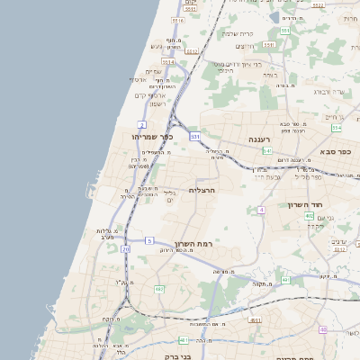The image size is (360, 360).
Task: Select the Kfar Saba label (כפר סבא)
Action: (334, 153)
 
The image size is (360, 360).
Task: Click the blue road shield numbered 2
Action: (142, 123)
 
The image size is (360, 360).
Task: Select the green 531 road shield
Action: (195, 136)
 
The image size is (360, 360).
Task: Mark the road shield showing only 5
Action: (149, 240)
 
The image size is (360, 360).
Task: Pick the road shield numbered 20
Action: (126, 248)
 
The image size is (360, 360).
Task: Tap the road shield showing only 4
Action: (260, 210)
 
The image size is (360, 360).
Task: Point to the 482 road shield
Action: (159, 289)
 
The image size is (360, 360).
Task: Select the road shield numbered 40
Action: (323, 329)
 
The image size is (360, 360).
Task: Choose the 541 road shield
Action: (268, 151)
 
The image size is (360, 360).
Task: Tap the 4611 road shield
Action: (256, 319)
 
